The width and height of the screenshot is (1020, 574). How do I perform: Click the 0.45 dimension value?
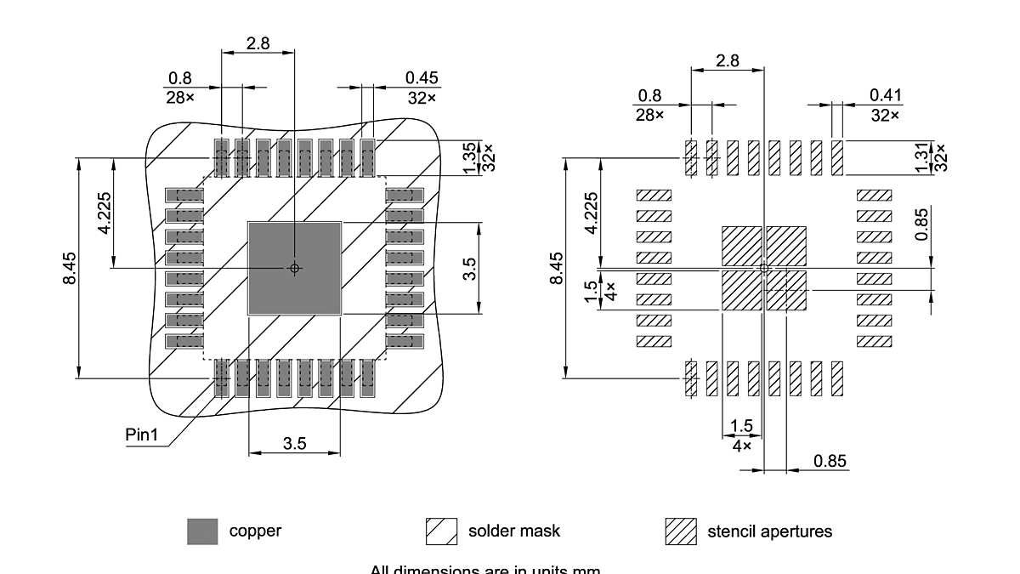pos(422,78)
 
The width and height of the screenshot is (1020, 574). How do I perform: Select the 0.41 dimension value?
pos(885,95)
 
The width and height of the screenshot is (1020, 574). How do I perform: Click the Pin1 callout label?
pos(142,435)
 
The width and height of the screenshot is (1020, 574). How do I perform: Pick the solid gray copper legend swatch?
pos(202,531)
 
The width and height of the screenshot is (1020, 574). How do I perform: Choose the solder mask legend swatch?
pos(441,531)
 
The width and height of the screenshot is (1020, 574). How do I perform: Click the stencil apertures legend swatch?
pos(680,531)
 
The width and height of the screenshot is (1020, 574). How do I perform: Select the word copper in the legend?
pos(255,531)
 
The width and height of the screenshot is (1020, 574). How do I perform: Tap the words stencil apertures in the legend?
pos(769,531)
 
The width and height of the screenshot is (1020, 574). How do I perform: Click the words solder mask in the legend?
pos(514,531)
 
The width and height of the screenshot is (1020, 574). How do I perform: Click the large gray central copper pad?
pos(272,289)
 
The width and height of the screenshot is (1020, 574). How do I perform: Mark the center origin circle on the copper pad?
pos(295,268)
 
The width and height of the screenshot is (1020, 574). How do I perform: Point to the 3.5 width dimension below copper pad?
pos(294,443)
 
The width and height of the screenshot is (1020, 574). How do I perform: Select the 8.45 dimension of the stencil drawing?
pos(557,268)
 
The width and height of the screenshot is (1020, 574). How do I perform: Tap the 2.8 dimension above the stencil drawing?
pos(728,61)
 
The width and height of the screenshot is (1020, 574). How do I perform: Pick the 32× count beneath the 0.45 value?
pos(422,98)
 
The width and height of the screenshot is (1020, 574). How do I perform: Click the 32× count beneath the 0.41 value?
pos(885,115)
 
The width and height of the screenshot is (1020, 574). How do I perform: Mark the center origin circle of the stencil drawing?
pos(764,268)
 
